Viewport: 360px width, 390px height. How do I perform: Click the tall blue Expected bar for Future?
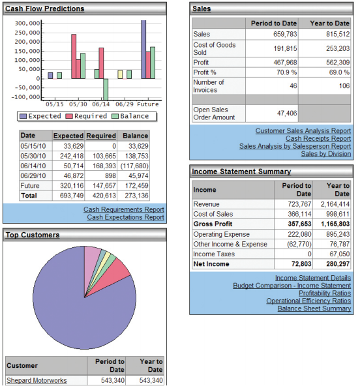[x=143, y=50]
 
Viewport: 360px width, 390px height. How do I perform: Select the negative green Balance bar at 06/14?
[x=106, y=89]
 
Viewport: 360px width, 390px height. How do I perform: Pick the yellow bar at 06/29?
[x=120, y=74]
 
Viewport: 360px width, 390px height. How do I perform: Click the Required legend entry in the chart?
[x=86, y=116]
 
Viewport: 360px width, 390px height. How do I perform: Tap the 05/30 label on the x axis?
[x=78, y=104]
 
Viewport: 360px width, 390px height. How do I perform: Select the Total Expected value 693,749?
[x=72, y=196]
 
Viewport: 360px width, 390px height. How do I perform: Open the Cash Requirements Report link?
[x=124, y=209]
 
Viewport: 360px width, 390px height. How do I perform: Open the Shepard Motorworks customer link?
[x=37, y=381]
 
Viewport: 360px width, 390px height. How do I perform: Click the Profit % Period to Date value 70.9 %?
[x=286, y=72]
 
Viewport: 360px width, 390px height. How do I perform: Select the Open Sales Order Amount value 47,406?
[x=287, y=113]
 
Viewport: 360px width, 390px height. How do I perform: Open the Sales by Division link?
[x=326, y=154]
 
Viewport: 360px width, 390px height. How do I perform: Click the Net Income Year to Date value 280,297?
[x=338, y=264]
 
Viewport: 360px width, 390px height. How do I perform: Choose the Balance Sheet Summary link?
[x=314, y=308]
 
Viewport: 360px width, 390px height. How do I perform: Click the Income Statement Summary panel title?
[x=241, y=172]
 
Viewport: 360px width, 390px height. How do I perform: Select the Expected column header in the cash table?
[x=68, y=136]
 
